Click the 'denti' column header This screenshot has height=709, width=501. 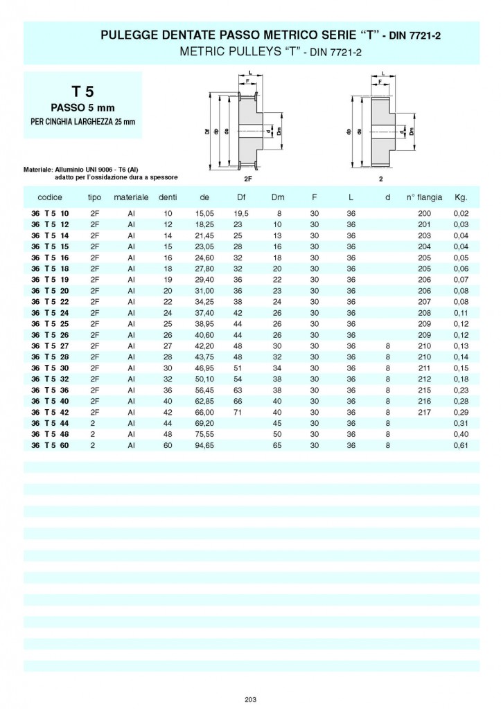click(168, 197)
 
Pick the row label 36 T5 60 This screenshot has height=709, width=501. click(51, 446)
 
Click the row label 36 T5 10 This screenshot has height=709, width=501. click(51, 213)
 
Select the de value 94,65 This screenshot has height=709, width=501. click(204, 446)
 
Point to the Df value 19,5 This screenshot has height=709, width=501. click(240, 213)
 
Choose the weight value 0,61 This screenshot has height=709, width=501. click(462, 446)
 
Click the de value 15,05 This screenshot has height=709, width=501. click(204, 213)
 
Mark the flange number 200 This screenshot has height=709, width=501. click(425, 213)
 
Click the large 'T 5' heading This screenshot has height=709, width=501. click(82, 91)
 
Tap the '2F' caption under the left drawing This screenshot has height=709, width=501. click(249, 178)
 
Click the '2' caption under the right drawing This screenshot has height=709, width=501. click(380, 178)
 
